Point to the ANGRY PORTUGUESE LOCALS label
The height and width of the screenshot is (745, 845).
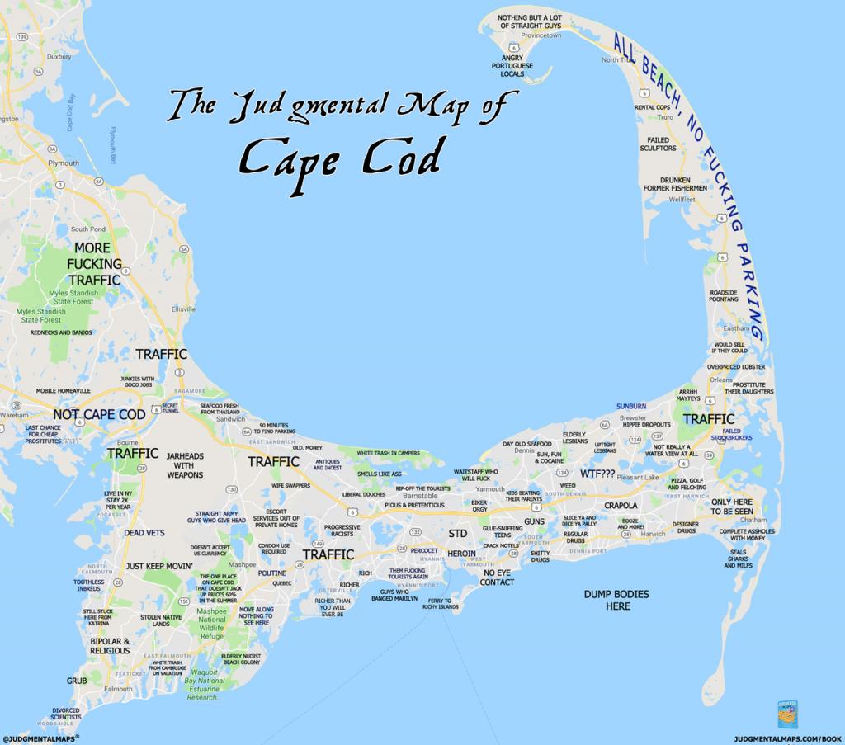512,65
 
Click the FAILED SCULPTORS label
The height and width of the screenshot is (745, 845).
658,144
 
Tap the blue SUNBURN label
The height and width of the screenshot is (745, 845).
631,406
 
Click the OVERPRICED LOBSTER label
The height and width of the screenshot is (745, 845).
736,366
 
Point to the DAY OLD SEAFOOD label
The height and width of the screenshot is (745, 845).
527,444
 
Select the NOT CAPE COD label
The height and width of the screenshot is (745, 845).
99,414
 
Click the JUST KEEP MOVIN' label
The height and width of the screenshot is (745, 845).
159,566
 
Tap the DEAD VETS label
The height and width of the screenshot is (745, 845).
144,533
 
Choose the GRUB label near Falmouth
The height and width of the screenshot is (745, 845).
77,681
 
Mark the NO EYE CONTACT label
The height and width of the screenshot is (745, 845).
498,577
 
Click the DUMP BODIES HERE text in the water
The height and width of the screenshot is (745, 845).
616,600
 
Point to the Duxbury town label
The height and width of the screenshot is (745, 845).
59,57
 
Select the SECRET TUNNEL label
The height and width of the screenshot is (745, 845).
170,408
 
